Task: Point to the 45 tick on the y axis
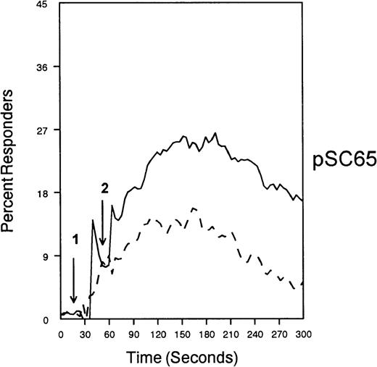click(x=44, y=4)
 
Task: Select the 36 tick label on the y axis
click(x=44, y=67)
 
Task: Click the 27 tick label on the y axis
click(x=44, y=130)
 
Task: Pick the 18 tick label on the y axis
click(x=44, y=193)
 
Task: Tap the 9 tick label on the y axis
click(x=46, y=256)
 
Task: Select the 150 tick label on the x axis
click(x=181, y=334)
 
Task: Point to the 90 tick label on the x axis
click(x=133, y=334)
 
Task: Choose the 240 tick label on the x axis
click(x=254, y=334)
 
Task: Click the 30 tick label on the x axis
click(x=85, y=334)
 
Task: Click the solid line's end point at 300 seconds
click(x=302, y=201)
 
